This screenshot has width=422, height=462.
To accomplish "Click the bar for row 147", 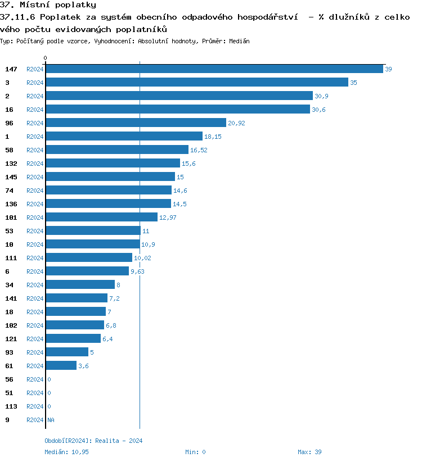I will [x=214, y=69].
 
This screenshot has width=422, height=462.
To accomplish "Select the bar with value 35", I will [x=197, y=83].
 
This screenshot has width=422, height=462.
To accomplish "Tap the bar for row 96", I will [x=136, y=123].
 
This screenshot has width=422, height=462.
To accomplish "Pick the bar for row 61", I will [x=61, y=366].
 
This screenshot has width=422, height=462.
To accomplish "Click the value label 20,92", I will [x=236, y=123].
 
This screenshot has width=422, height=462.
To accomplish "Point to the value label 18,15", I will [x=213, y=137].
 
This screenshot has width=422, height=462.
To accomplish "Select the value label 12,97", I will [x=168, y=218].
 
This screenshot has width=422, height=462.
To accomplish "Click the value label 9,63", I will [x=137, y=271].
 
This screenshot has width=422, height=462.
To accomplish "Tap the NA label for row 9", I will [x=51, y=420].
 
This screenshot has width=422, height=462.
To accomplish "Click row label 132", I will [x=11, y=164].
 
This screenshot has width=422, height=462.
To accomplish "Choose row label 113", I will [x=11, y=406].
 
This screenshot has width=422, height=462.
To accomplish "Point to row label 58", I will [x=9, y=150].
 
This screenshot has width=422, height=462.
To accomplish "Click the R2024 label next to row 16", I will [x=35, y=110].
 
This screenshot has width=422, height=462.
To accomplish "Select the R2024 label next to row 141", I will [x=35, y=298].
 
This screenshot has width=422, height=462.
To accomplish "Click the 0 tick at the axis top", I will [x=46, y=58].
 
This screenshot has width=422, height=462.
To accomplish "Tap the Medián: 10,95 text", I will [x=67, y=452].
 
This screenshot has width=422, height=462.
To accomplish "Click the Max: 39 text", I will [x=309, y=452].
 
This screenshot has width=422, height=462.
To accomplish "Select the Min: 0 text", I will [x=195, y=452].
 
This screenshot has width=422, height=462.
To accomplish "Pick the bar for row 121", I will [x=73, y=339].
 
